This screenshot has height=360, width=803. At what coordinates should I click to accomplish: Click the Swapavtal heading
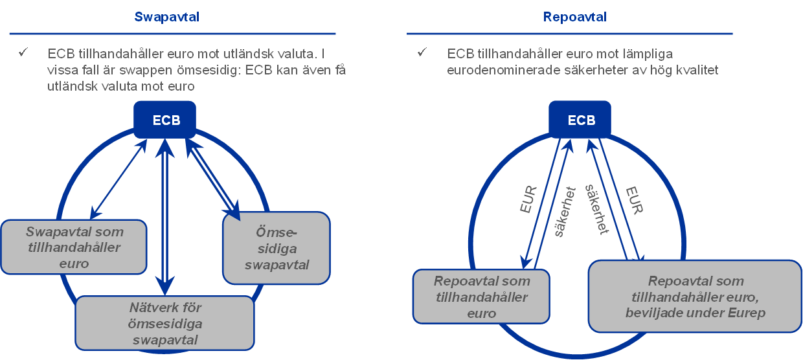pos(166,17)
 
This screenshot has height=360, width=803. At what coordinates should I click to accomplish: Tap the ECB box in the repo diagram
pos(581,120)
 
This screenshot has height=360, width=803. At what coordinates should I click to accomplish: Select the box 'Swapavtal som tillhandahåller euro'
pos(74,247)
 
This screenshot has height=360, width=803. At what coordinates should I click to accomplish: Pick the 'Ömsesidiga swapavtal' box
pos(276,248)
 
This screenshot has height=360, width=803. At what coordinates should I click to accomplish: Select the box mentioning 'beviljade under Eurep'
pos(696,297)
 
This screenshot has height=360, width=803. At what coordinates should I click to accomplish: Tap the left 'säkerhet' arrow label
pos(558,212)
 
